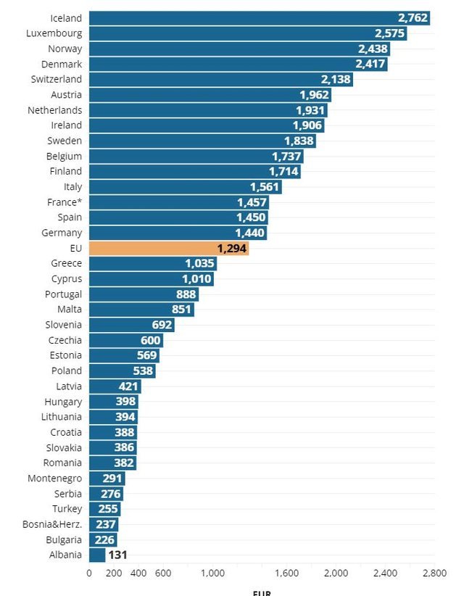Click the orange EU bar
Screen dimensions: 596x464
pyautogui.click(x=168, y=249)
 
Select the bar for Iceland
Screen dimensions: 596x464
pyautogui.click(x=260, y=18)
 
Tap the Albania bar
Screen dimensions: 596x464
pyautogui.click(x=97, y=555)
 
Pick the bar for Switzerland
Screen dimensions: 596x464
pyautogui.click(x=220, y=80)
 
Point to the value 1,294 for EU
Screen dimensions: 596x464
pyautogui.click(x=232, y=249)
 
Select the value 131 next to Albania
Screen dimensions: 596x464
pyautogui.click(x=118, y=555)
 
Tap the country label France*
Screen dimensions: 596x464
pyautogui.click(x=65, y=202)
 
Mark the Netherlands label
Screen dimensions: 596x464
pyautogui.click(x=54, y=110)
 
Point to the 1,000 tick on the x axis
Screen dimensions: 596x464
pyautogui.click(x=213, y=574)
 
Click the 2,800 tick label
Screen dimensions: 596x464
pyautogui.click(x=434, y=574)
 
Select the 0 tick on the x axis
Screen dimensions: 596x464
pyautogui.click(x=89, y=574)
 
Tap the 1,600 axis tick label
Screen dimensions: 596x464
pyautogui.click(x=287, y=574)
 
